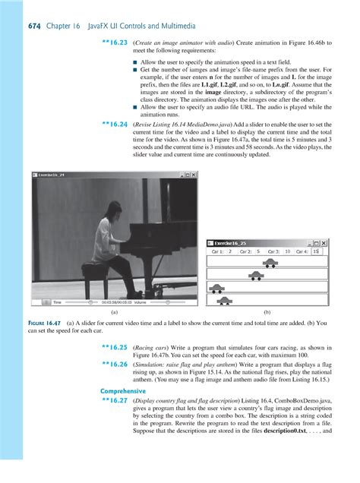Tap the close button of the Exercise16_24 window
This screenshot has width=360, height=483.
pos(191,175)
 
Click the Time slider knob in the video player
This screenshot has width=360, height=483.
pos(73,301)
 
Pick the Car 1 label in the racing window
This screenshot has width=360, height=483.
pos(217,251)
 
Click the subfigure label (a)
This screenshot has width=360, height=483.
pos(113,313)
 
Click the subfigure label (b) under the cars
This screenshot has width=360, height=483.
pos(267,313)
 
